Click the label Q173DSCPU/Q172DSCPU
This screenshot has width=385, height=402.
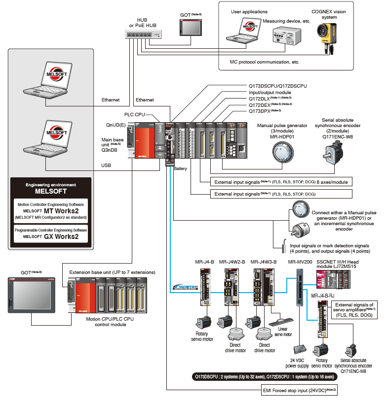[x=277, y=86]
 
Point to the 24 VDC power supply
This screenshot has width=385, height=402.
[x=301, y=348]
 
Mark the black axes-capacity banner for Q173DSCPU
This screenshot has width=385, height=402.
[x=264, y=376]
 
